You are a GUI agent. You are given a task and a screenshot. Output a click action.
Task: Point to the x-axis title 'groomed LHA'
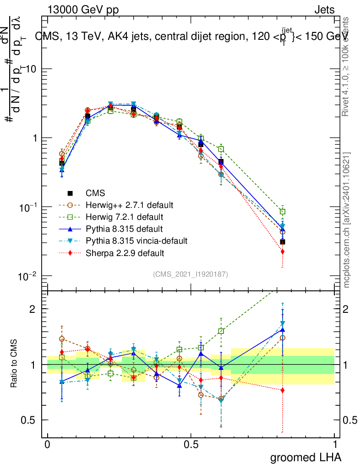(305, 457)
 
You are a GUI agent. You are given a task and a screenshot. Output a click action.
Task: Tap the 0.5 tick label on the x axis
(191, 444)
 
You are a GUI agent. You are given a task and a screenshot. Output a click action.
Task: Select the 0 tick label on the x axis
(47, 444)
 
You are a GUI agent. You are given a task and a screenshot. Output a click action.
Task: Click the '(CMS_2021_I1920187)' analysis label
(191, 274)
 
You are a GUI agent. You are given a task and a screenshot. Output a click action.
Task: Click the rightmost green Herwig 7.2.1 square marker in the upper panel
(283, 212)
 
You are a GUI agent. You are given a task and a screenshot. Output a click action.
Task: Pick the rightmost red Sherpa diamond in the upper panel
(283, 251)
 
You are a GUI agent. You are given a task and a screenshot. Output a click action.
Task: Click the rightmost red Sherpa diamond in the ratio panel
(283, 390)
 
